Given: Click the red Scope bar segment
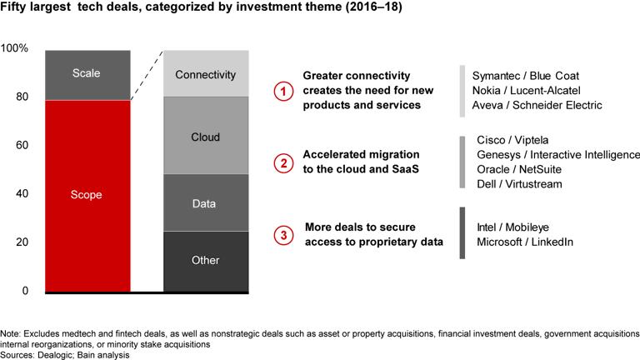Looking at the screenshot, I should (87, 195).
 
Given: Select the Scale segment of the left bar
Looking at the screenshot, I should (87, 74).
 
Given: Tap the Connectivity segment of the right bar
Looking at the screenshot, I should (206, 74).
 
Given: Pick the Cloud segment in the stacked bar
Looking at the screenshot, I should (206, 136).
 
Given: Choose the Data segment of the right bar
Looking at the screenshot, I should (206, 202).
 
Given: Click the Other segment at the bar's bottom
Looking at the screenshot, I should (206, 261).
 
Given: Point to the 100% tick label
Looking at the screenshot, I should (15, 49).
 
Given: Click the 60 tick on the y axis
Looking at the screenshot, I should (21, 146).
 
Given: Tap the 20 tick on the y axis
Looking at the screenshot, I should (21, 242).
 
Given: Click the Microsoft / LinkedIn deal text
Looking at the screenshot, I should (524, 242).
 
